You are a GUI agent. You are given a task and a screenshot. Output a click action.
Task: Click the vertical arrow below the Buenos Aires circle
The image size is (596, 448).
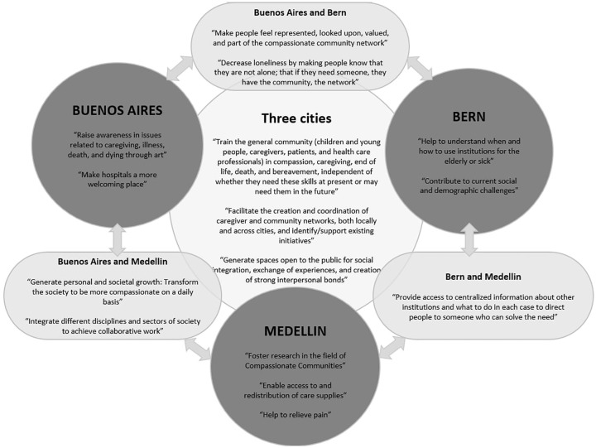coord(118,237)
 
